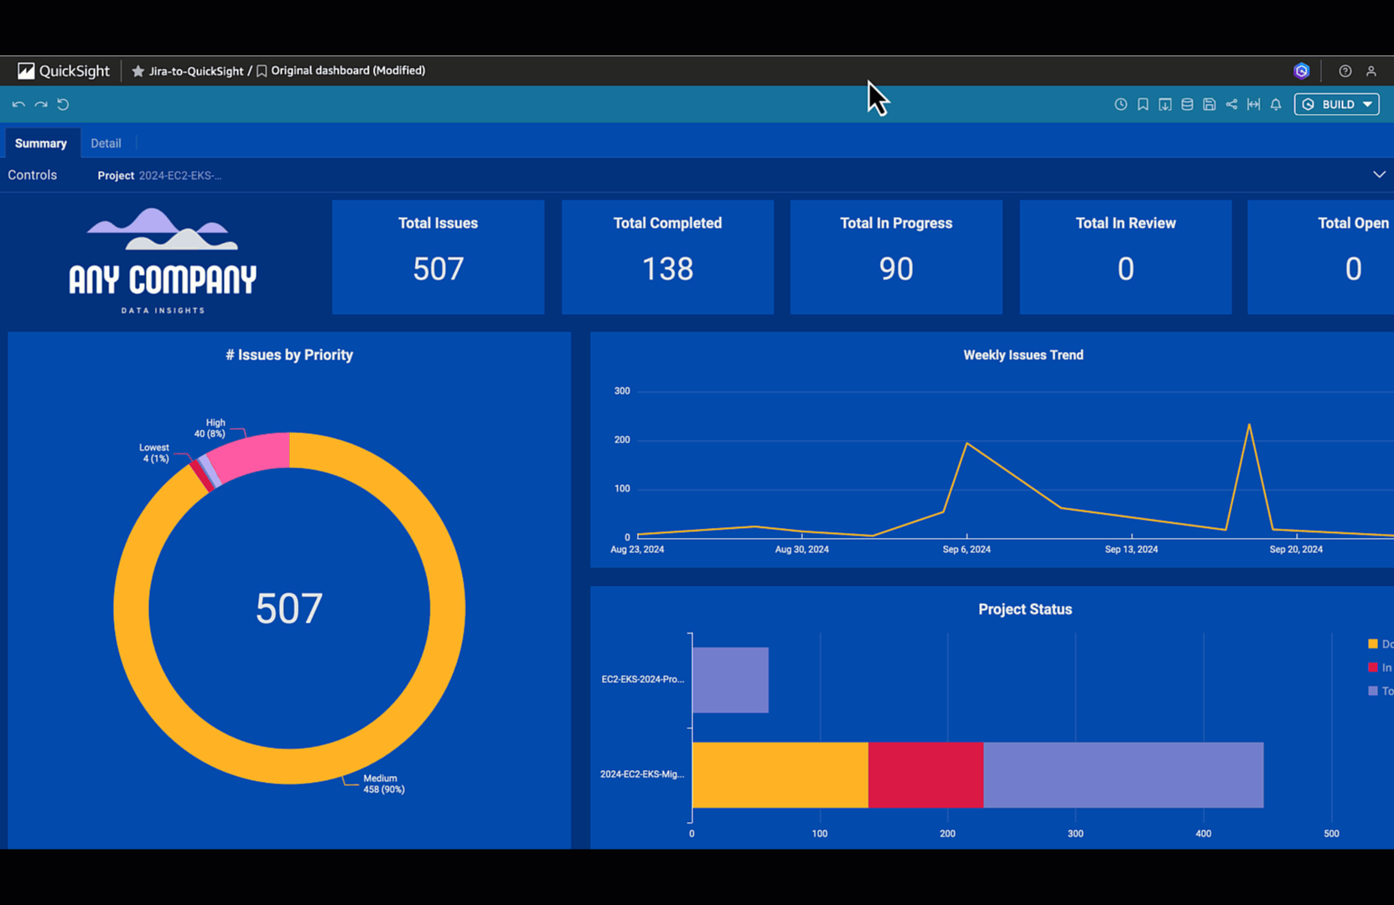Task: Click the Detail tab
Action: click(x=106, y=143)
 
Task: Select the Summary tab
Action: click(x=40, y=143)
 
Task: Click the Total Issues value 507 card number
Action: click(x=438, y=269)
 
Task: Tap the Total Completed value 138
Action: click(x=667, y=269)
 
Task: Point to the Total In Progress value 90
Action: click(x=896, y=269)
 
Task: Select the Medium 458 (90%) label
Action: click(x=383, y=783)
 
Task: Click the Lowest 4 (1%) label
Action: click(x=154, y=453)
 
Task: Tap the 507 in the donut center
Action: click(x=288, y=608)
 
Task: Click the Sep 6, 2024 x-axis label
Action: click(x=966, y=550)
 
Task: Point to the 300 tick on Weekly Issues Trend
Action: click(x=622, y=390)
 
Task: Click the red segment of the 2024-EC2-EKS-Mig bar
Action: click(x=925, y=775)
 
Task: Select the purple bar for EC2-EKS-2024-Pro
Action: click(x=730, y=680)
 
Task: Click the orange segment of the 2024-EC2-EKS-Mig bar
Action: click(x=780, y=775)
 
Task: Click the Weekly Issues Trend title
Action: click(x=1023, y=355)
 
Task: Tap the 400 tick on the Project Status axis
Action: click(x=1203, y=834)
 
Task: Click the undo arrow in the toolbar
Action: click(x=18, y=105)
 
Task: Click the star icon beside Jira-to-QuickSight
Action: click(x=138, y=71)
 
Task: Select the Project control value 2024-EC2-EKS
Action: click(x=179, y=176)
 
